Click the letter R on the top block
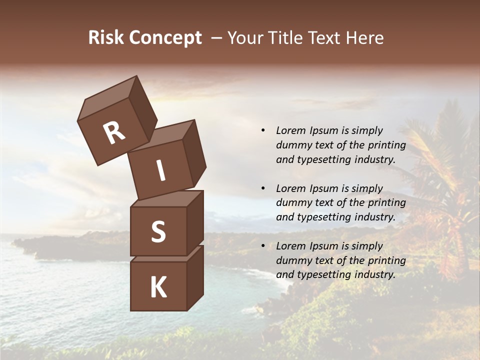point(114,132)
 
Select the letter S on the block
point(158,231)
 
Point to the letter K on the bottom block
point(158,287)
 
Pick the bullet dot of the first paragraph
point(263,131)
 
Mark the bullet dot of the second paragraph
point(263,189)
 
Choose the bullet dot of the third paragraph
point(263,246)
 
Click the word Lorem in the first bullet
point(290,130)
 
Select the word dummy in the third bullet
point(294,260)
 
